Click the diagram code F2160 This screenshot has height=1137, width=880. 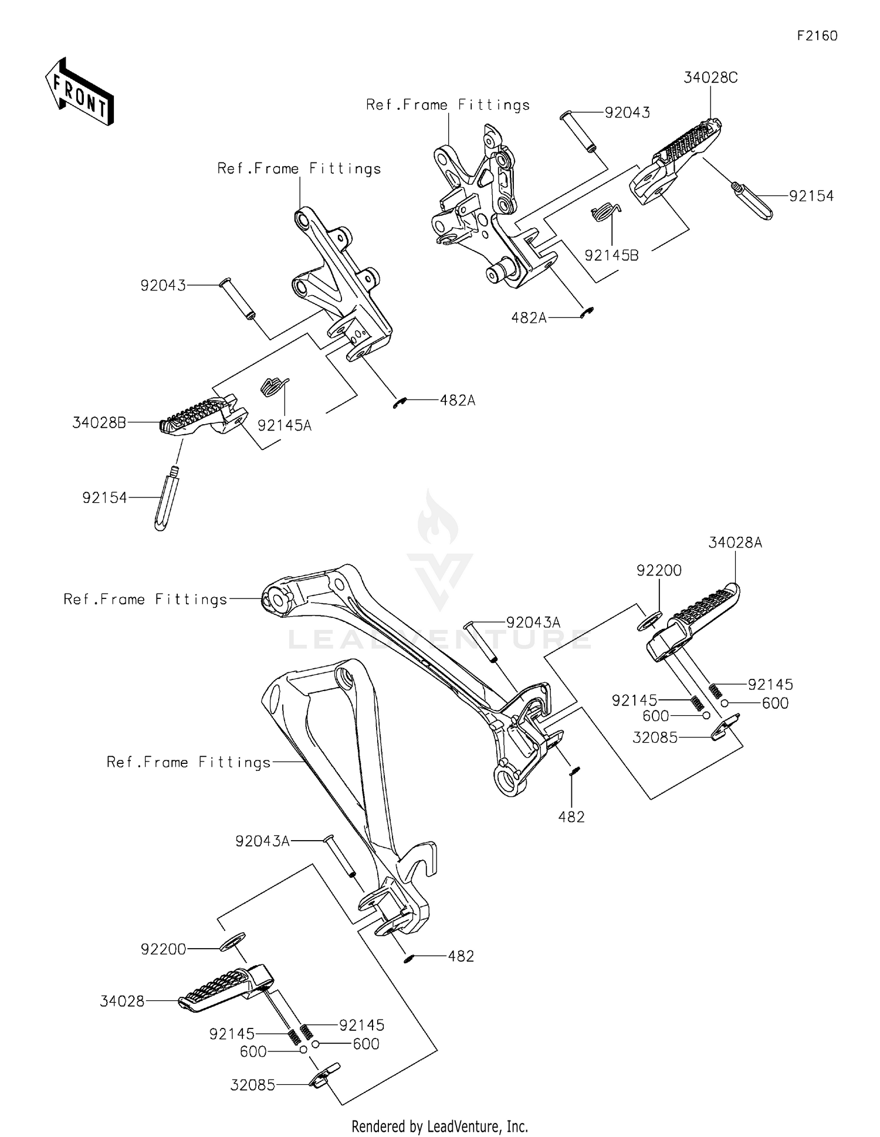(x=817, y=36)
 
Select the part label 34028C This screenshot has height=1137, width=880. (x=710, y=77)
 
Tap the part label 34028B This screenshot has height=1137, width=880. (x=99, y=422)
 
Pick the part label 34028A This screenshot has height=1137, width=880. (x=735, y=543)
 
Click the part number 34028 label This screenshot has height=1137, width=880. (x=122, y=1001)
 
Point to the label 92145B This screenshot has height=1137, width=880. (x=611, y=255)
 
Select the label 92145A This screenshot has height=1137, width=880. (x=285, y=425)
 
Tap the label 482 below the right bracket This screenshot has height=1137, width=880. (x=571, y=817)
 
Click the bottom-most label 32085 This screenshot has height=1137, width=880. (x=252, y=1085)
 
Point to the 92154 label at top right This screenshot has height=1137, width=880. (x=811, y=196)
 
